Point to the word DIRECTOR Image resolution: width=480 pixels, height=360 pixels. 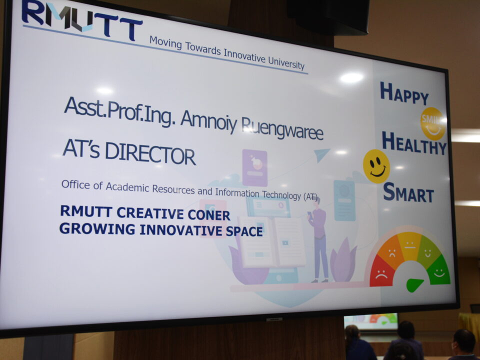(150, 154)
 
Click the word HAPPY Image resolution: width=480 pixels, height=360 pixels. (404, 93)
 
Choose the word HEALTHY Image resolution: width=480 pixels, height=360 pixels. (414, 143)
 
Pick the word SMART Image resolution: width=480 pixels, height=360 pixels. (408, 192)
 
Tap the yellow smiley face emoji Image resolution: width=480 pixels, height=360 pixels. (376, 166)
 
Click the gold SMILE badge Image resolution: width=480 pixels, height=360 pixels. (433, 123)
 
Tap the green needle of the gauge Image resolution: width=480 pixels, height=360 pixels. (414, 284)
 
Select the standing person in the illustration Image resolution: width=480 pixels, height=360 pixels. (318, 239)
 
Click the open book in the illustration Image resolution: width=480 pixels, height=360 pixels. (271, 241)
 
